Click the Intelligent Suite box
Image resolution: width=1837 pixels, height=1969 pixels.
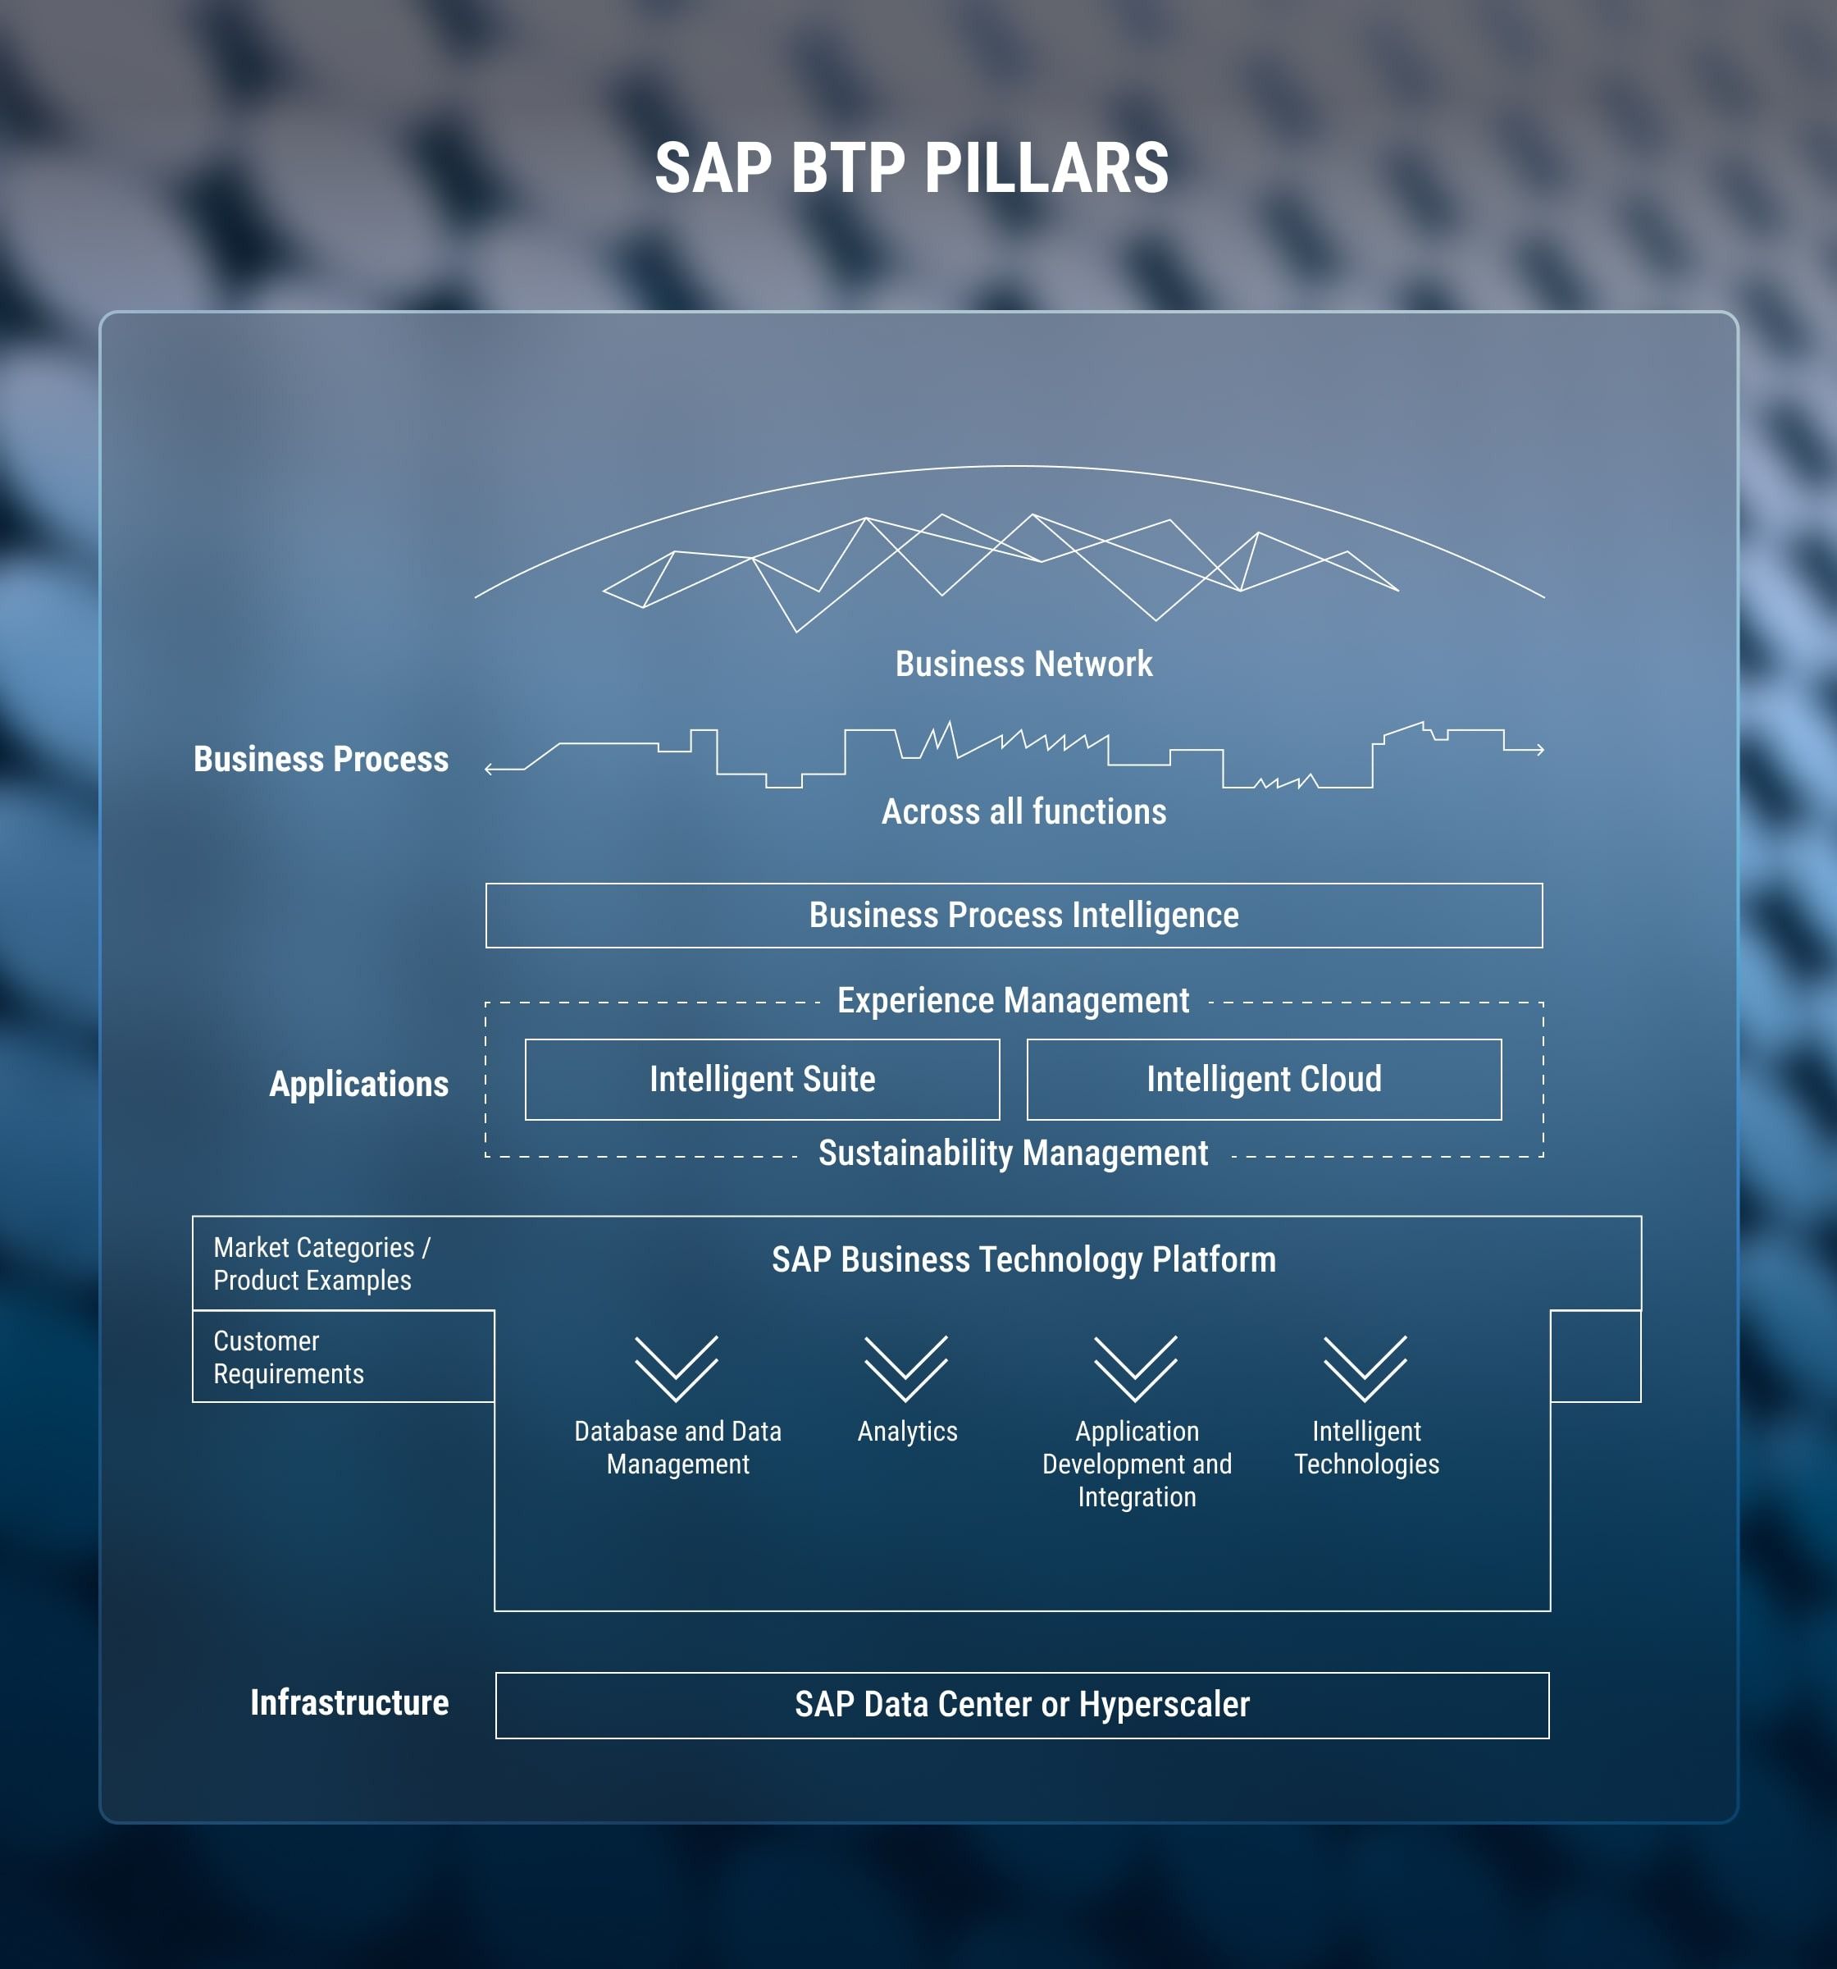click(762, 1080)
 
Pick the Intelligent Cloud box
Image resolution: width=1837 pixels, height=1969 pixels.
click(1264, 1080)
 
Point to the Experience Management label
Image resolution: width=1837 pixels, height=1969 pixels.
click(1013, 1000)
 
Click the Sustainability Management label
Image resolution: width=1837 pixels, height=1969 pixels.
click(1013, 1153)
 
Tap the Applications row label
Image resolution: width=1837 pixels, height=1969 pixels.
click(358, 1084)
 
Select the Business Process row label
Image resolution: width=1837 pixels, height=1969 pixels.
click(320, 759)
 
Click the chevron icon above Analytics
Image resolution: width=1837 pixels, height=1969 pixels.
click(905, 1368)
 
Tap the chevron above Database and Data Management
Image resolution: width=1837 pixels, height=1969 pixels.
click(677, 1368)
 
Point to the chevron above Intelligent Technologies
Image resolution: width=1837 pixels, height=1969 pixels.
click(1365, 1368)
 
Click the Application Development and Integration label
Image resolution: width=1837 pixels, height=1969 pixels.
click(1136, 1464)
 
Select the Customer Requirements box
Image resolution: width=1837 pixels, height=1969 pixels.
click(342, 1357)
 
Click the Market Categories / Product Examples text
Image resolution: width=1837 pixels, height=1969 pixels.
click(321, 1263)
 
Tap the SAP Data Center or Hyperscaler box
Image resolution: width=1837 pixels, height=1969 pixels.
click(1021, 1705)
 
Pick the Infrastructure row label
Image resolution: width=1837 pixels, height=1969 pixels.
click(349, 1702)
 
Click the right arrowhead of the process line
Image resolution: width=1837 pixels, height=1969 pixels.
click(1540, 750)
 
